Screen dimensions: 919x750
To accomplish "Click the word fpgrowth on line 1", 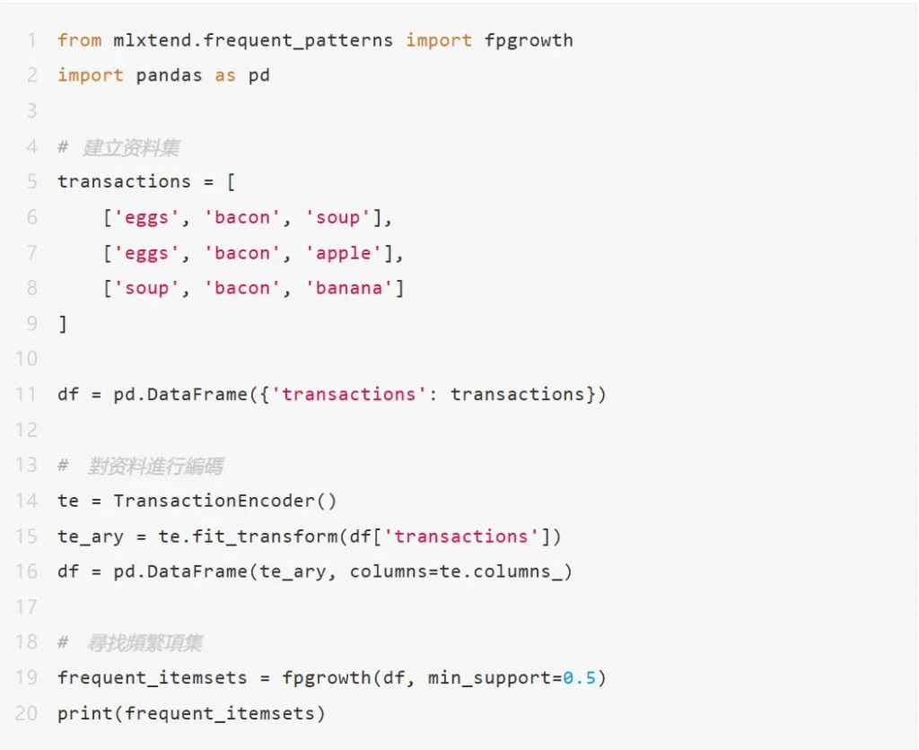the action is click(529, 40).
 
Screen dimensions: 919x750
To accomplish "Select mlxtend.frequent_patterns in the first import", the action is click(254, 40).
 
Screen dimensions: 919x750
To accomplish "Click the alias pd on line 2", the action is click(258, 75).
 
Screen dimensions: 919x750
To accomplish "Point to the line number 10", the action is click(27, 359).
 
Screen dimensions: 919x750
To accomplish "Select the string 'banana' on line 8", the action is click(354, 288).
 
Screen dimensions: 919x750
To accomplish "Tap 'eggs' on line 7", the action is click(147, 253).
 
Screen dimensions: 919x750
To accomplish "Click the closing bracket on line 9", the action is click(63, 324).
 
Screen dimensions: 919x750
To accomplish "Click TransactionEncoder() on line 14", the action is click(225, 501).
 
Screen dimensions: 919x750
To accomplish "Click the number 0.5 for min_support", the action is click(579, 678).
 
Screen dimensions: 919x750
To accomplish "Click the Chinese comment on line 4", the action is click(131, 147).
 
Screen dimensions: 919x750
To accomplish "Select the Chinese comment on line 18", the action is click(144, 643).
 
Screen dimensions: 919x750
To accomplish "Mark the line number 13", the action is click(27, 466).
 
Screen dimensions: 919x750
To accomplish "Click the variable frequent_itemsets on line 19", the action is click(153, 678).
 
